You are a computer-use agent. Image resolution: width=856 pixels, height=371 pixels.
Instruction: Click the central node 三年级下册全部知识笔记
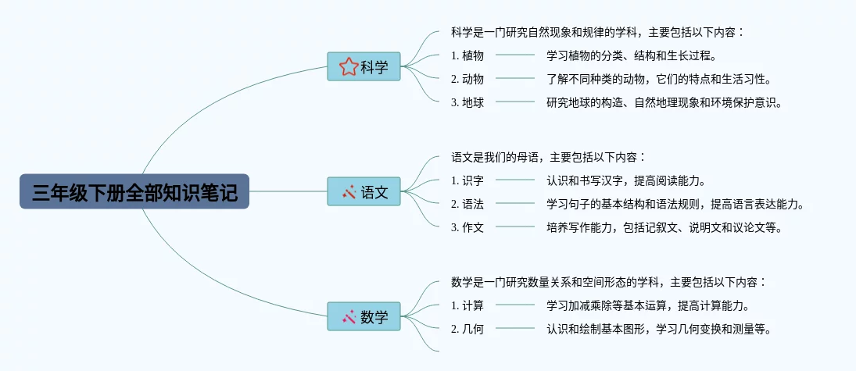coord(134,191)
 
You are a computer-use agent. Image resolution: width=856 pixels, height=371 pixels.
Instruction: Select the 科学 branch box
coord(364,66)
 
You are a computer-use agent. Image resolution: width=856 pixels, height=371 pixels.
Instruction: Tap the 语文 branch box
coord(364,191)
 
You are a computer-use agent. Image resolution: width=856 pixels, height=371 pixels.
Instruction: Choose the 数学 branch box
coord(364,316)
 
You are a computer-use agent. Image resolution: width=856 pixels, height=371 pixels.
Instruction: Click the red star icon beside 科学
coord(349,66)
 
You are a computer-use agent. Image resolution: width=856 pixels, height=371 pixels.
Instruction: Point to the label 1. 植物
coord(467,55)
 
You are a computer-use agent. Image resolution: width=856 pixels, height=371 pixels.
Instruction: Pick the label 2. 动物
coord(467,79)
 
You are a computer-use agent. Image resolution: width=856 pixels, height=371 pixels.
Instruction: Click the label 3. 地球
coord(467,102)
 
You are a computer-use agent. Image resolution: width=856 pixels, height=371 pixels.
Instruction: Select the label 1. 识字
coord(467,180)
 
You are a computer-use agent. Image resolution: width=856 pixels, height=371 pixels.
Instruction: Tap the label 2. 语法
coord(467,204)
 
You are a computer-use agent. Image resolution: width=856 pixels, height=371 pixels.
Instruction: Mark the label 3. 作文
coord(467,227)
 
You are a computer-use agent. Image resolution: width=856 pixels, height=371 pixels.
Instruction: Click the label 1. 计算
coord(467,305)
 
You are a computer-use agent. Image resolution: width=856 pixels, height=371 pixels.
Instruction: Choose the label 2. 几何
coord(467,329)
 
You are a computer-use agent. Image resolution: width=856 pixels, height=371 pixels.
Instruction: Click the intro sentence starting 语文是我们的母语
coord(549,157)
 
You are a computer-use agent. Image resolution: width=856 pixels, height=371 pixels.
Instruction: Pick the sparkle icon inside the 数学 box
coord(349,316)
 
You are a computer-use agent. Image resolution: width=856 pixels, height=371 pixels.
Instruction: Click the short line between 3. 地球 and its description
coord(515,102)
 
